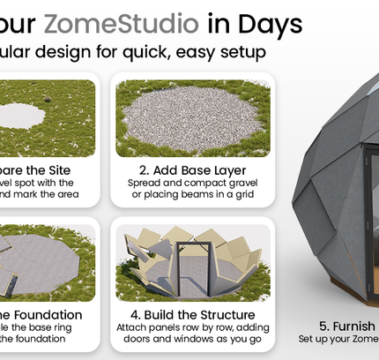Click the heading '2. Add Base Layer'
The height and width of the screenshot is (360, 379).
(194, 169)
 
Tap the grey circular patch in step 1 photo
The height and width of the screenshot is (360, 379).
(24, 113)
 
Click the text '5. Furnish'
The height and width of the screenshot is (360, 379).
(351, 325)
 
